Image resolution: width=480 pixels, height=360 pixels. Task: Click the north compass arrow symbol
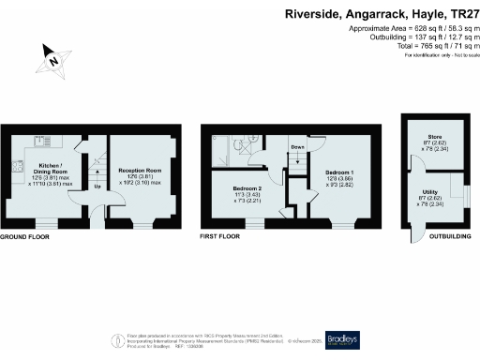[55, 59]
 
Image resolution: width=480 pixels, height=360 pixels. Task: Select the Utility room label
[430, 195]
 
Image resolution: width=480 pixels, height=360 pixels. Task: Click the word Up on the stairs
[97, 186]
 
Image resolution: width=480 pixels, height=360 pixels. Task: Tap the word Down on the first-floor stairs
[297, 148]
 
